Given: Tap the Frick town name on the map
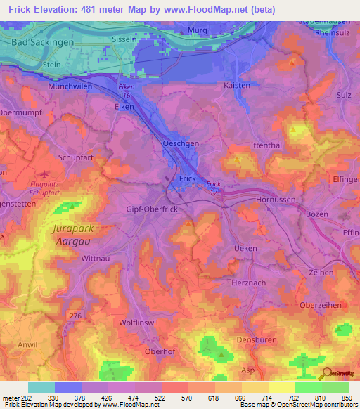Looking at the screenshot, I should point(188,178).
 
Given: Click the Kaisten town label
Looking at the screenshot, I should point(236,85).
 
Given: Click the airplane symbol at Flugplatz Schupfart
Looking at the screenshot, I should point(46,174).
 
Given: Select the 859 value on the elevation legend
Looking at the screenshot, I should point(347,398).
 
